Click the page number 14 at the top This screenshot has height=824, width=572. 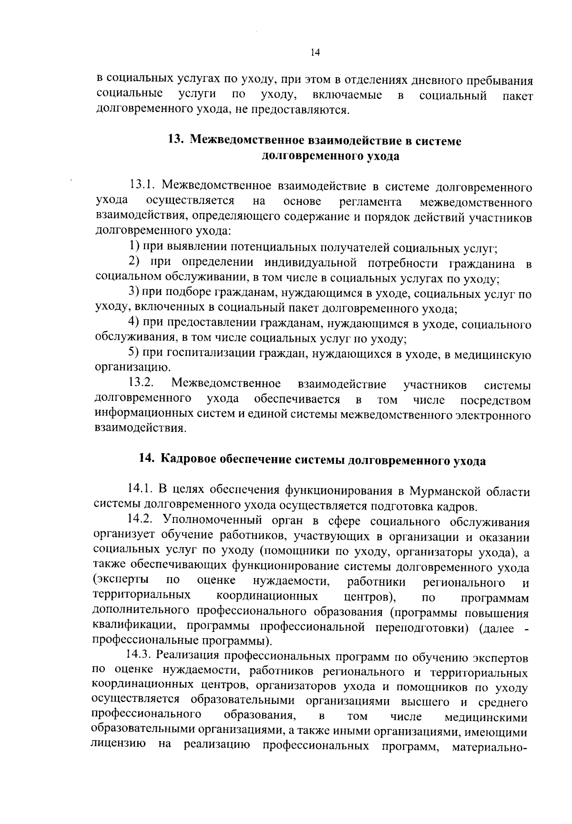tap(314, 53)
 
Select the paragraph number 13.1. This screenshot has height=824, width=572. tap(142, 186)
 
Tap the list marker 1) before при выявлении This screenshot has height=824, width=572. tap(134, 247)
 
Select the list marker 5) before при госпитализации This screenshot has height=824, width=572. tap(134, 354)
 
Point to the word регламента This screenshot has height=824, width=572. tap(371, 201)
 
